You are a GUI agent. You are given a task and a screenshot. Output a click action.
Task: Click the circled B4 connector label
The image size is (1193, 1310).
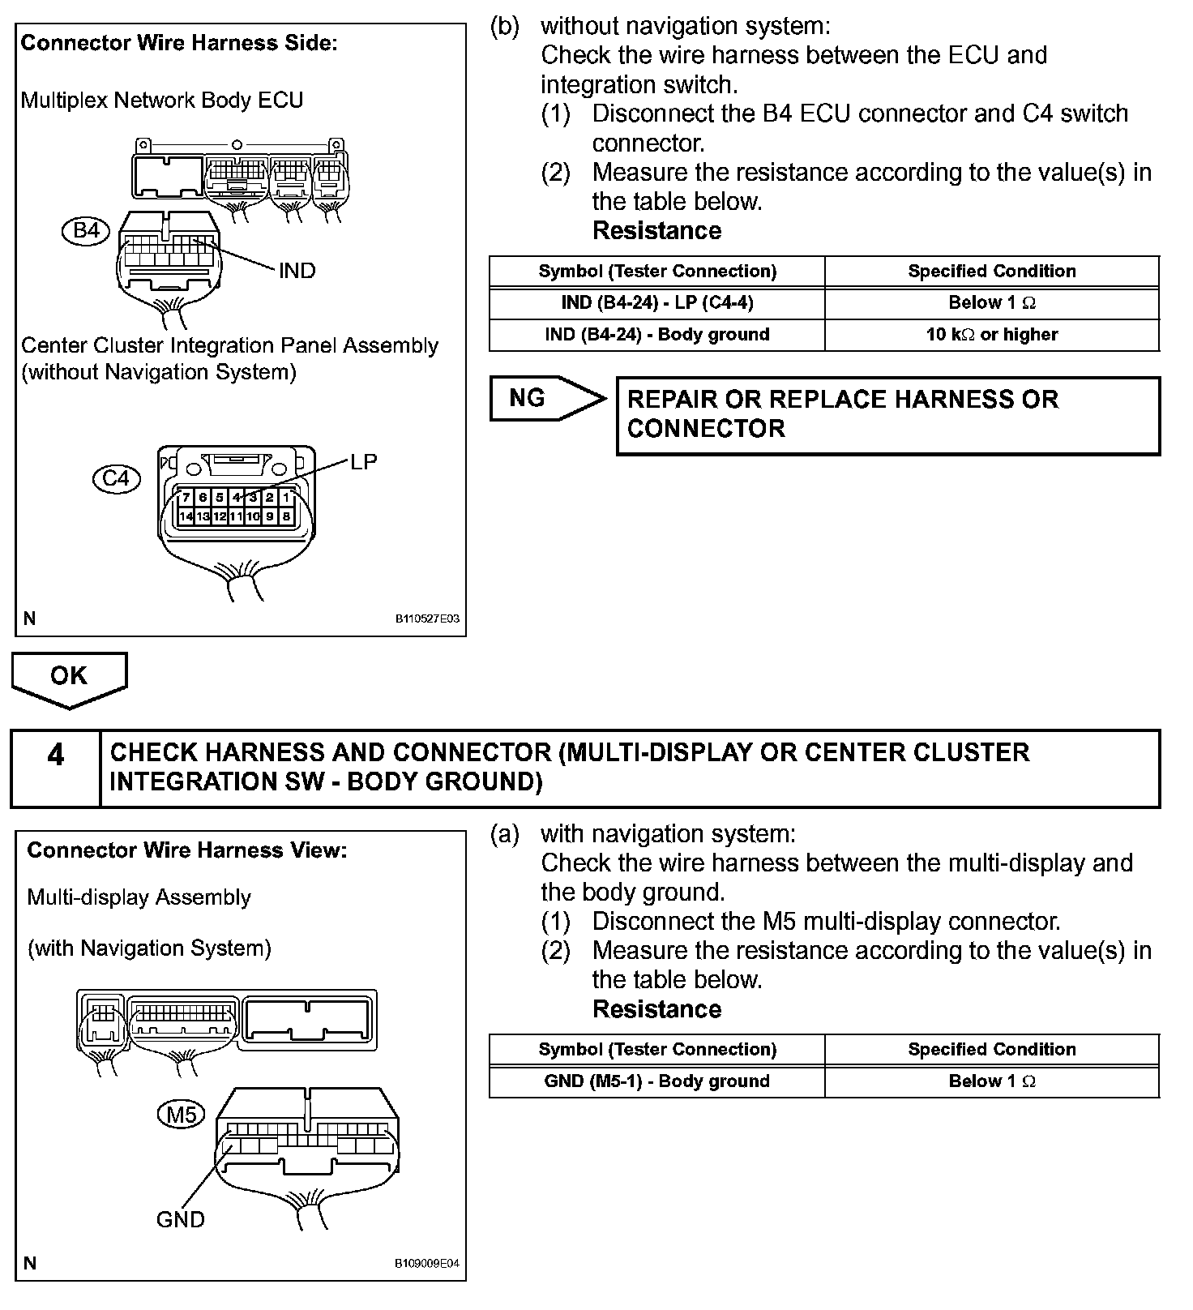point(86,231)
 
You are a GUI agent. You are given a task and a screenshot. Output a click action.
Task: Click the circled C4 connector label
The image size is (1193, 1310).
point(116,478)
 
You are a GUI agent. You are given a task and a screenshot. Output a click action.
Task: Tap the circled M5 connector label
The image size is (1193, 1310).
point(182,1115)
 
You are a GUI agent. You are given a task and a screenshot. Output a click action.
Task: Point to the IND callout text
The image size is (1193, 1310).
point(297,271)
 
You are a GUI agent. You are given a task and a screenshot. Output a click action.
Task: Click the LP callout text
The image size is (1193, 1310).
point(363,461)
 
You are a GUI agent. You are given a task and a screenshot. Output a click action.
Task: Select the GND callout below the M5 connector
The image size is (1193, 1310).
point(180,1219)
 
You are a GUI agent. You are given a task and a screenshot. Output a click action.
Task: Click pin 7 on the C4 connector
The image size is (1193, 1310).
point(186,498)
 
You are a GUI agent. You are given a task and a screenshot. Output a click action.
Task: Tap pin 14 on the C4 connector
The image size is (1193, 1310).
point(186,516)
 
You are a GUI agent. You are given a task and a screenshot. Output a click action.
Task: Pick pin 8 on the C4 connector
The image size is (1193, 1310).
point(287,516)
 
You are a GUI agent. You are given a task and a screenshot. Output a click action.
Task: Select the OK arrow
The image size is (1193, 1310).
point(69,678)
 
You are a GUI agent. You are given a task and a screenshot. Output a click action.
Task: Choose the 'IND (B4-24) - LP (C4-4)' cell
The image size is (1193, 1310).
point(656,303)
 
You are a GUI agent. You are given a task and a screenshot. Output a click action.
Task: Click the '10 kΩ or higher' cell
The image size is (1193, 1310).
point(992,335)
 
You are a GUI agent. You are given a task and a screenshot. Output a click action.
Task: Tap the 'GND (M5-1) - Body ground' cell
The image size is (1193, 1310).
point(656,1081)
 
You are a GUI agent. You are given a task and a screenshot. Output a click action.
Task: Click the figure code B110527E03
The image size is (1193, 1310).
point(427,619)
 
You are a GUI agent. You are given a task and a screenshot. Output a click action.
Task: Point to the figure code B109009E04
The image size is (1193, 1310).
point(427,1263)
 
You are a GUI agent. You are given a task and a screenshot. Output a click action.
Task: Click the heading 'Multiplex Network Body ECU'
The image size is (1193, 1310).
point(162,101)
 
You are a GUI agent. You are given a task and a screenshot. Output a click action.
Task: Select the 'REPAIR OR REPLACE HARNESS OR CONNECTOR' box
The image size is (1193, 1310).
point(887,414)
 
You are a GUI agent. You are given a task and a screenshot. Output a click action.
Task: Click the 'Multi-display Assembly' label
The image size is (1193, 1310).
point(139,897)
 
